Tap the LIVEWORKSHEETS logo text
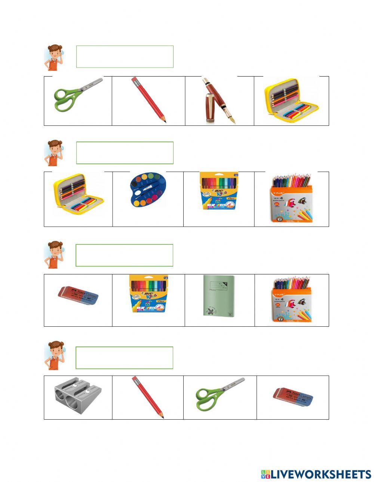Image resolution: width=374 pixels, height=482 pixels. [x=316, y=474]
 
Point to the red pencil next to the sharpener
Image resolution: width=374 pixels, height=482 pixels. [x=147, y=397]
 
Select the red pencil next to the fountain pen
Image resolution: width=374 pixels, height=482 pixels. [x=148, y=100]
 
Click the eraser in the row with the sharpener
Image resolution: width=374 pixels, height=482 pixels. [x=293, y=397]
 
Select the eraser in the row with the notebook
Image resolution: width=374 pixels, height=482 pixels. [x=78, y=296]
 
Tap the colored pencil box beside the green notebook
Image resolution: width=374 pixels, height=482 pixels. [x=292, y=299]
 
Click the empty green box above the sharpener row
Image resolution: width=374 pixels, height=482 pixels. [x=124, y=357]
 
